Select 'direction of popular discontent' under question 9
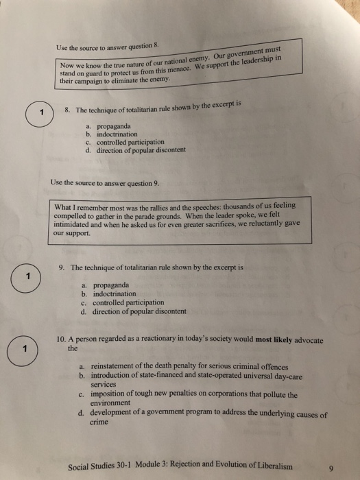[139, 311]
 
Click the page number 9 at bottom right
[330, 468]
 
